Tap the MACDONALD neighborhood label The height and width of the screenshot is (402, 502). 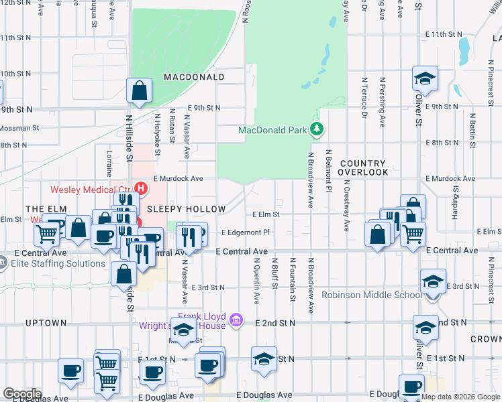tap(194, 77)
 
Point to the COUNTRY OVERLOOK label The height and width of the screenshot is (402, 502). tap(364, 167)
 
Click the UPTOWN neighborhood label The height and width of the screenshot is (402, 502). tap(46, 323)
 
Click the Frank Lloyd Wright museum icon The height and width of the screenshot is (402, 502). tap(235, 319)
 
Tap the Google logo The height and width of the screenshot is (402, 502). tap(22, 393)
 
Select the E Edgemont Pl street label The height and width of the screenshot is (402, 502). tap(245, 232)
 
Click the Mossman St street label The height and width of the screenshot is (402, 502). tap(19, 127)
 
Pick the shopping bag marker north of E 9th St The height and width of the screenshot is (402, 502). tap(138, 91)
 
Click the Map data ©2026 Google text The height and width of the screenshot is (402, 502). tap(460, 397)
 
